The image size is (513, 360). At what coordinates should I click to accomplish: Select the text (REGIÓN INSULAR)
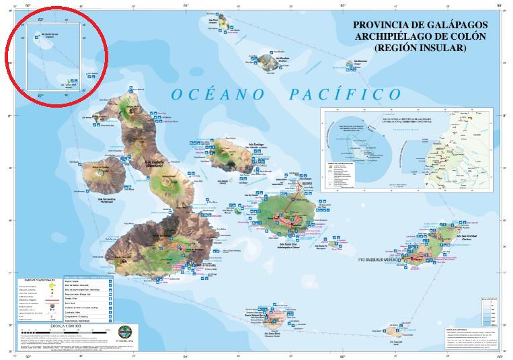tap(420, 48)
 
